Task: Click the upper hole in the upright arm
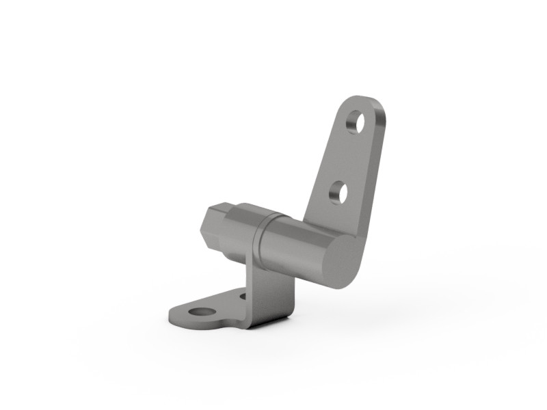tap(355, 123)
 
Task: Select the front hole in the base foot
tap(200, 312)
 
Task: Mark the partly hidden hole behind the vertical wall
tap(243, 297)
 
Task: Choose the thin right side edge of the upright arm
tap(374, 171)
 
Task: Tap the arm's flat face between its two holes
tap(346, 159)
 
